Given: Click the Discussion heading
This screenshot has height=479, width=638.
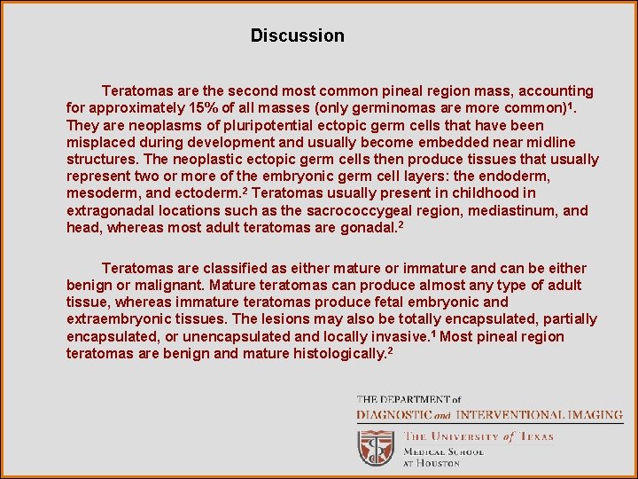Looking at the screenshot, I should click(297, 36).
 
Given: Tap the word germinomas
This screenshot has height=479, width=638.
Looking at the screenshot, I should click(431, 108).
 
